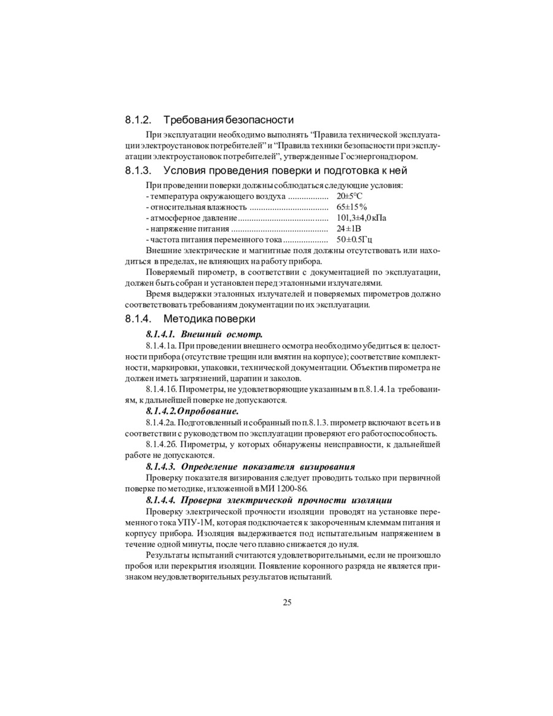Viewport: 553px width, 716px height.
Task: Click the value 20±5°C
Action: [x=350, y=196]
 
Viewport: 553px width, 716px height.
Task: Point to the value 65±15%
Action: [x=351, y=207]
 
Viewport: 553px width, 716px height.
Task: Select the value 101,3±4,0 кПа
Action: [x=361, y=218]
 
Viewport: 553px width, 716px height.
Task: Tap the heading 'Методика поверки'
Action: [x=210, y=319]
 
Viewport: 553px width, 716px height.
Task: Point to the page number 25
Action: [x=287, y=602]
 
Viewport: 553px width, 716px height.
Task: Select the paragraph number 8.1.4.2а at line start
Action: [x=162, y=423]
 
